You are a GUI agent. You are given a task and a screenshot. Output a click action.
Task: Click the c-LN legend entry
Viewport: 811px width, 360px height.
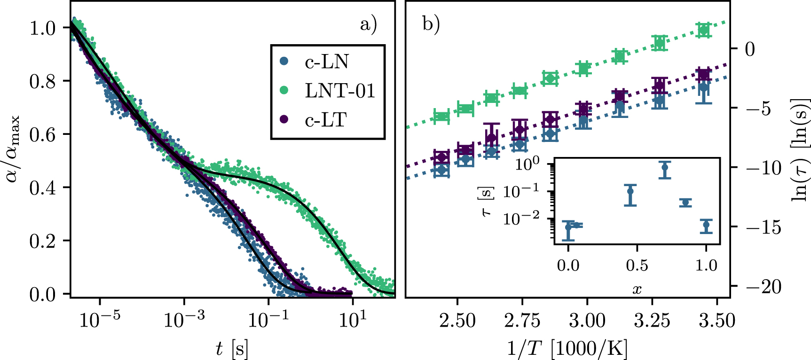click(327, 62)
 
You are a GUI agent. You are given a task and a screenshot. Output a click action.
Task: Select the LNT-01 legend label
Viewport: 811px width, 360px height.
click(340, 91)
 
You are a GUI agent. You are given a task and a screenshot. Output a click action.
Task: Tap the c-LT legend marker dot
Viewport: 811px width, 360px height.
click(284, 119)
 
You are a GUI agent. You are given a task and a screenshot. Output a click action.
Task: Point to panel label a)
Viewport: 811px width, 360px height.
click(369, 24)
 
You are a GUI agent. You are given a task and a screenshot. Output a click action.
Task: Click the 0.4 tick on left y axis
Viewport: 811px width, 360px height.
click(43, 188)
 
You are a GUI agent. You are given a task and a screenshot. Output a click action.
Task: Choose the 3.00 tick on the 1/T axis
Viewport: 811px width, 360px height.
click(587, 321)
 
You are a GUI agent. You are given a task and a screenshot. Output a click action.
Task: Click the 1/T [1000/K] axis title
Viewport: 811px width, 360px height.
click(567, 349)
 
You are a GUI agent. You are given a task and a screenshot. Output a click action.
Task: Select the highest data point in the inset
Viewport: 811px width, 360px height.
click(665, 167)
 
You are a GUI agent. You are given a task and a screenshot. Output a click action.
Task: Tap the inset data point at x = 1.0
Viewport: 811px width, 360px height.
click(706, 226)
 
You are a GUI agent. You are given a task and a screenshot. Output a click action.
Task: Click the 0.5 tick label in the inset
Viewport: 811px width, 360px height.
click(637, 266)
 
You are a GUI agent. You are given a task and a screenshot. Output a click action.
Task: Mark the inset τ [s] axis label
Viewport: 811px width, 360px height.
click(487, 201)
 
